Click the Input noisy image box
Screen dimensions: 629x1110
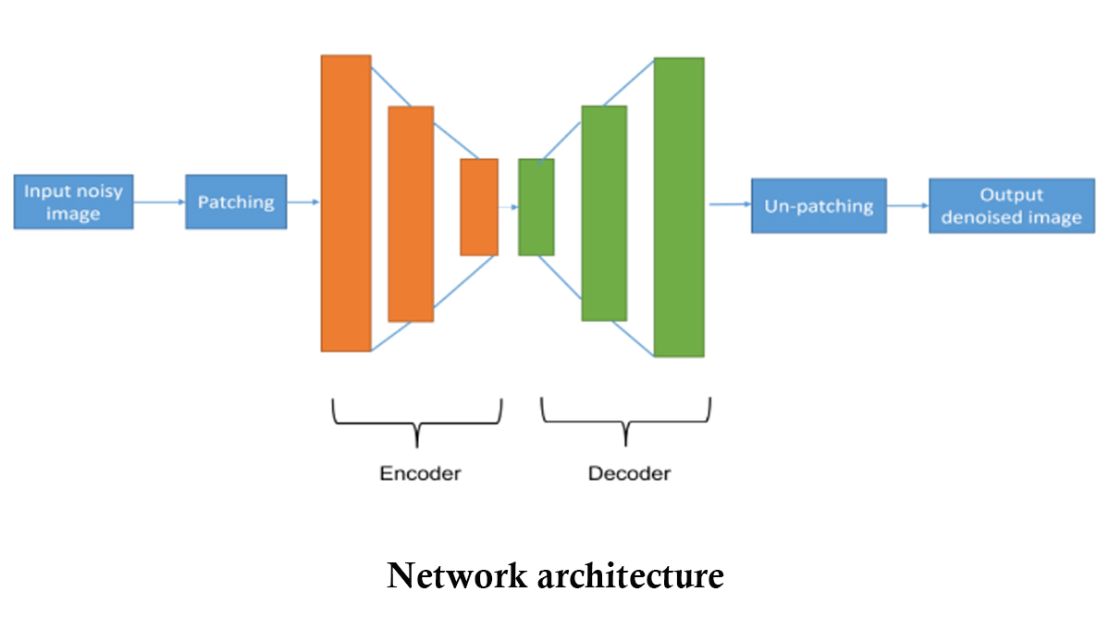(74, 203)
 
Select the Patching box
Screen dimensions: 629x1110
(236, 202)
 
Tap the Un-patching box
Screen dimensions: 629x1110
(819, 205)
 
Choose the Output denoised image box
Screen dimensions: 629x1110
(1011, 206)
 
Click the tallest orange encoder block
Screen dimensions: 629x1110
(346, 203)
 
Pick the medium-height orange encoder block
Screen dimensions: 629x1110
(411, 214)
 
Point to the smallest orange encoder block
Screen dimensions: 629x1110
(479, 207)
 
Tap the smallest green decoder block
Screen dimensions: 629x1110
(536, 207)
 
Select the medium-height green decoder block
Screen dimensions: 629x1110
(604, 213)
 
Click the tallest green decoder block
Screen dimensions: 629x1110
(679, 207)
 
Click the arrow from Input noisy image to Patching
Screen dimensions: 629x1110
(159, 202)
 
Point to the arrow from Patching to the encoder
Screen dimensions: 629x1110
(303, 202)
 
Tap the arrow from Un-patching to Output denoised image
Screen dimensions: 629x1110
(907, 206)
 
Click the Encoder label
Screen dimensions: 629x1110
(420, 474)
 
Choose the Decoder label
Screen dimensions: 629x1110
(629, 474)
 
